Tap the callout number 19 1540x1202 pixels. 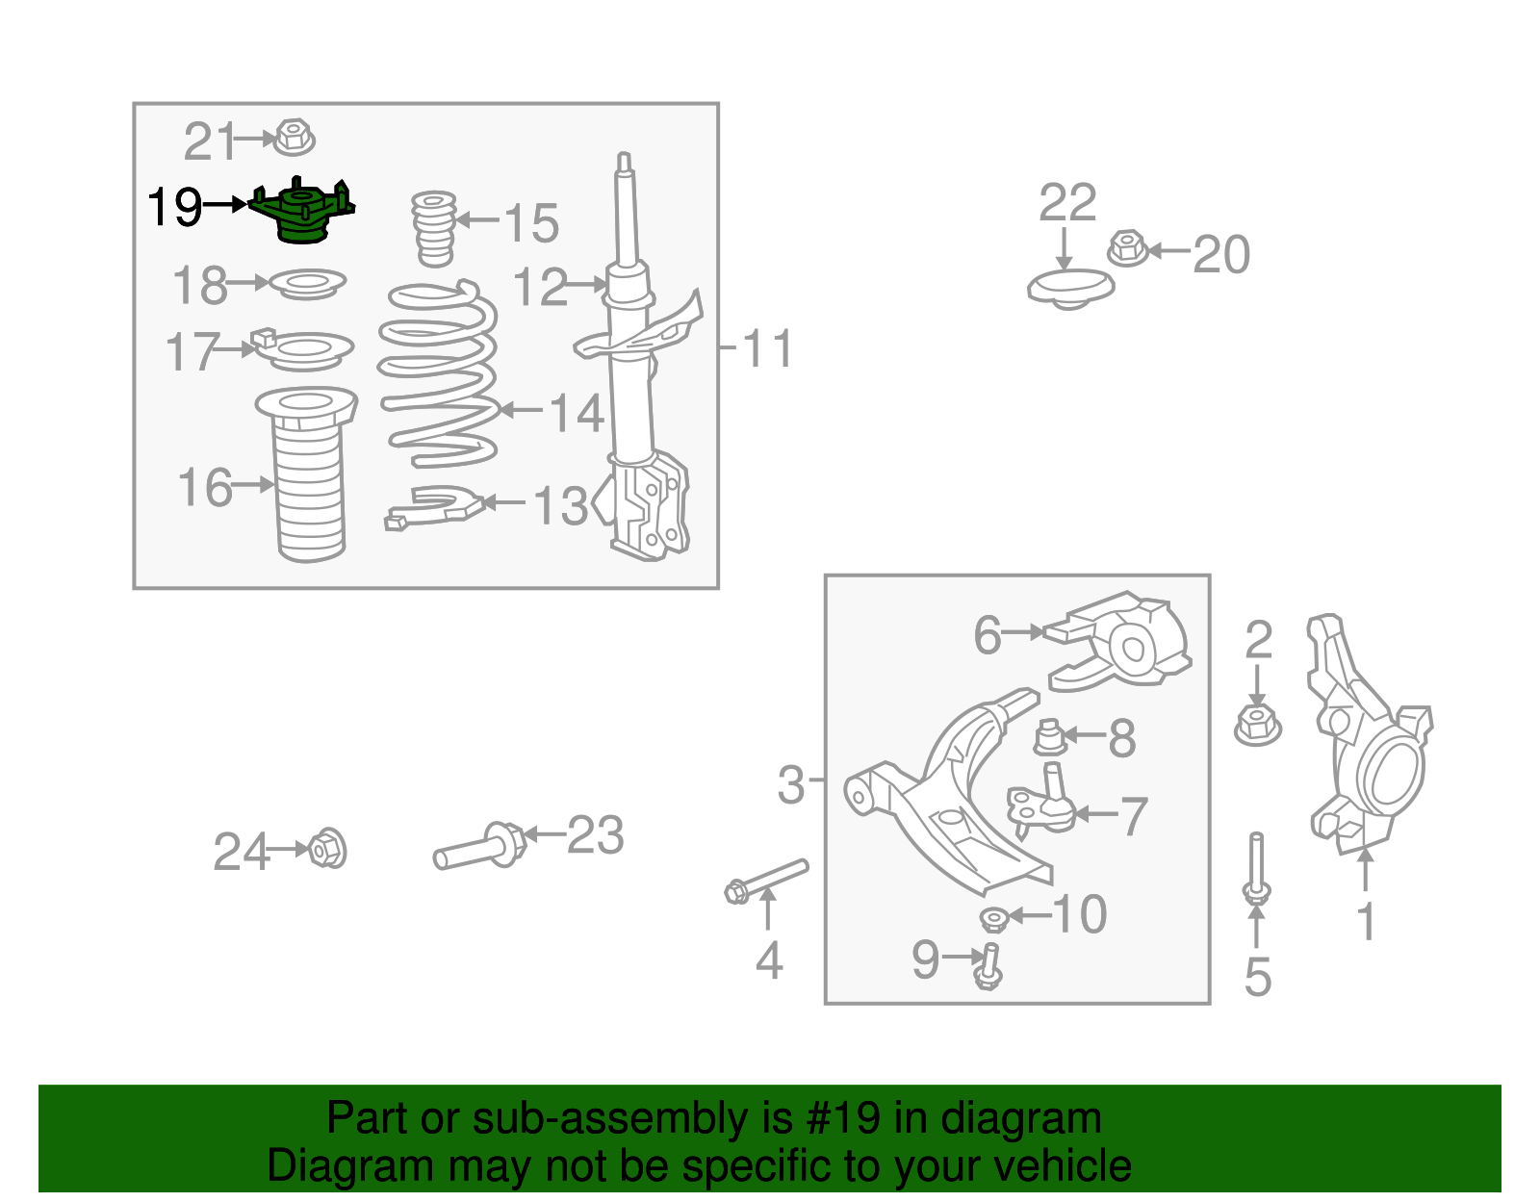[174, 207]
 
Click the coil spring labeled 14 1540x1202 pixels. [439, 375]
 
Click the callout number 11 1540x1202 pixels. [768, 348]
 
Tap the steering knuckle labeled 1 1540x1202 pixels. [1367, 741]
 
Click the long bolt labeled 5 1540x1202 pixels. [1256, 866]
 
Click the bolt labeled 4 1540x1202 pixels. [765, 879]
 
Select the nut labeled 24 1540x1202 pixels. [327, 848]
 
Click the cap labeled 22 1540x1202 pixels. [1069, 288]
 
